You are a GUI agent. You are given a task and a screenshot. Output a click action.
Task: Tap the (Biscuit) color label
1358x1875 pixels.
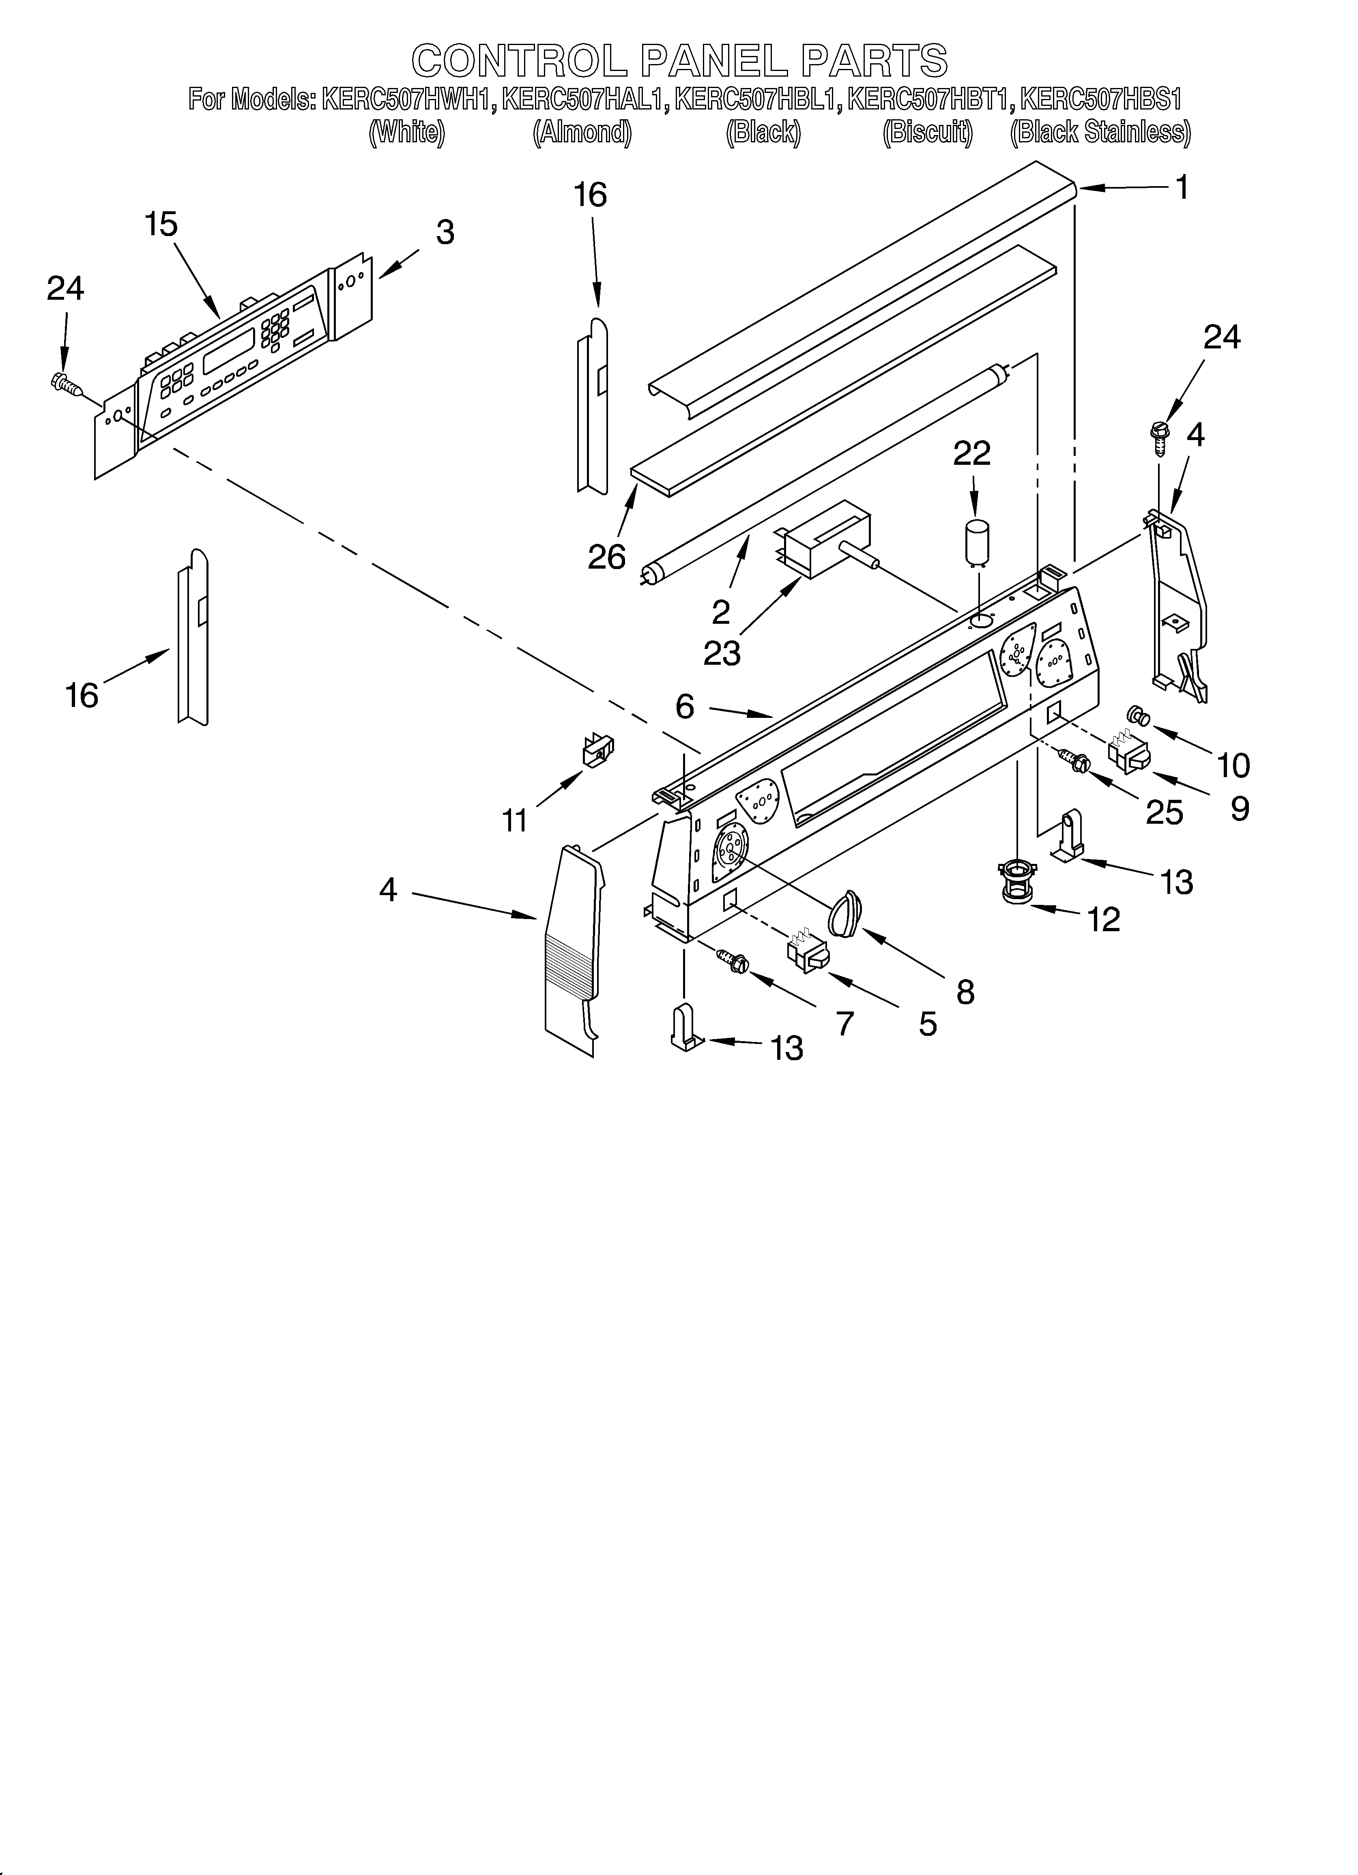pos(928,132)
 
